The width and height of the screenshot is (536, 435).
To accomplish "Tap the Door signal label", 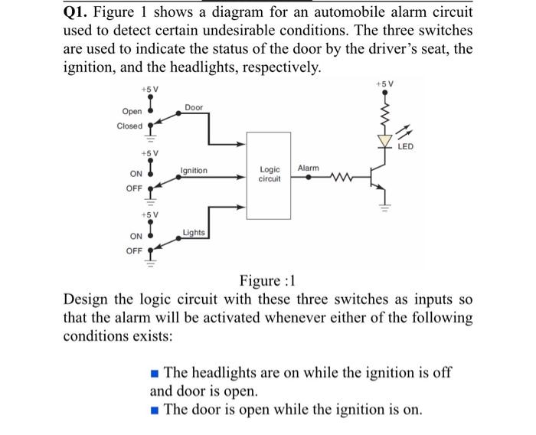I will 194,108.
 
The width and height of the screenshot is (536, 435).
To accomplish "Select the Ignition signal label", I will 194,170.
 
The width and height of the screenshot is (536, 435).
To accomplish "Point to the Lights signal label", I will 194,232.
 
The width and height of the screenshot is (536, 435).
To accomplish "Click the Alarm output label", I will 308,167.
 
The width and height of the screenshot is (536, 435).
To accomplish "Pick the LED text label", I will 407,146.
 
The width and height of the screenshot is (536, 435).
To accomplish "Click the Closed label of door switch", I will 129,126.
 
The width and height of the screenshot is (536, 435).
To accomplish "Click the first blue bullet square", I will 155,373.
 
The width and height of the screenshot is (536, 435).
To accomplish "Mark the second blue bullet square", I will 155,408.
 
